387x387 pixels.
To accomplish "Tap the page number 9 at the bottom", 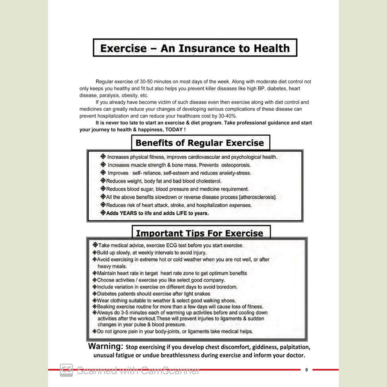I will [x=306, y=370].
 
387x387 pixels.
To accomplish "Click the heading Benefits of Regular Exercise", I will [x=199, y=143].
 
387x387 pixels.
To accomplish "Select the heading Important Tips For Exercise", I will [x=199, y=233].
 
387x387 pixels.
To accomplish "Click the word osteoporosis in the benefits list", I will [x=236, y=165].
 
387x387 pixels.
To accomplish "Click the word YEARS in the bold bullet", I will [x=126, y=213].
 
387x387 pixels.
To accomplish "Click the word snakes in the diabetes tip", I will [x=202, y=294].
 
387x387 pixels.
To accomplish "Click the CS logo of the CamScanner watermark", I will [x=66, y=370].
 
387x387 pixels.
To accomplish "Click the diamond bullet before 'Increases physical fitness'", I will [x=103, y=157].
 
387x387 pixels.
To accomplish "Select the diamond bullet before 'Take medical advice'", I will [x=95, y=245].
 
